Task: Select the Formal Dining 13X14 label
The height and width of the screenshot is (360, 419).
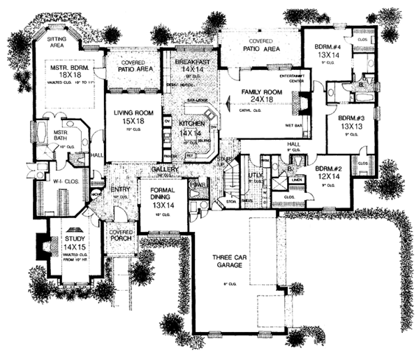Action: tap(164, 200)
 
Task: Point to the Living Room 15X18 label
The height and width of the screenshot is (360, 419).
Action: tap(128, 125)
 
